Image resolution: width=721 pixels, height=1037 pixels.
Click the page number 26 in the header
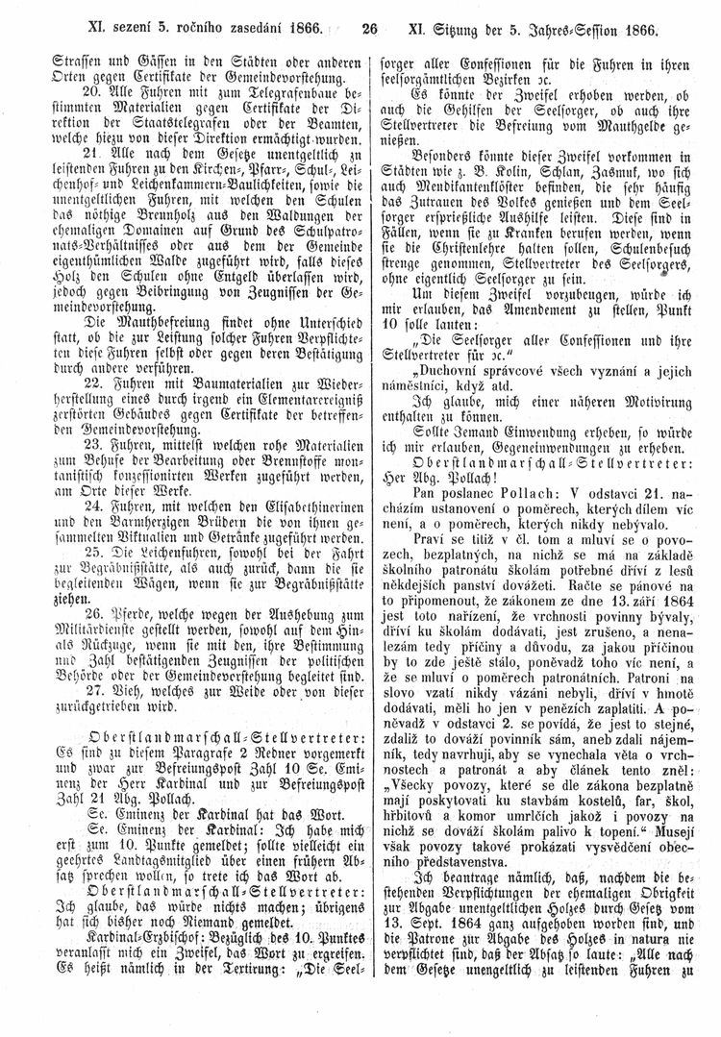[x=367, y=28]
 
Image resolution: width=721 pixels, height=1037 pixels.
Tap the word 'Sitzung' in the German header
[x=474, y=29]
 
